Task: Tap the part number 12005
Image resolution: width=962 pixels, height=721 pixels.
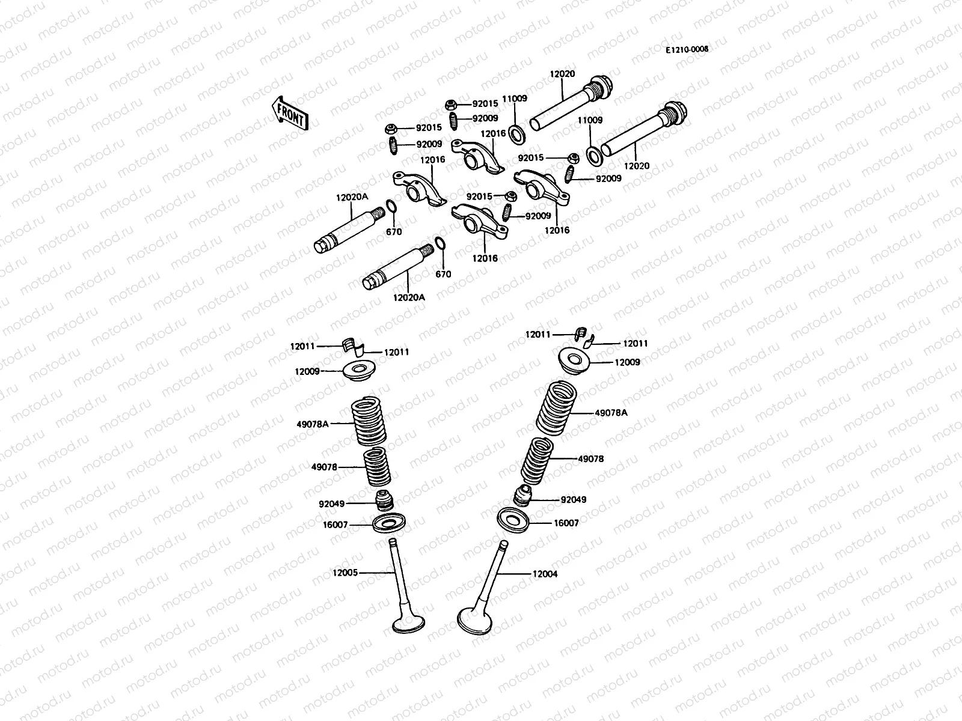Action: (345, 573)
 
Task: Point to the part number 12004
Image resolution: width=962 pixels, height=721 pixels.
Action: (545, 574)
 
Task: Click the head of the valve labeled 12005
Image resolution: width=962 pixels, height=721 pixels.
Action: (407, 623)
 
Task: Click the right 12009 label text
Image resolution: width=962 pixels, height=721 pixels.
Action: (627, 362)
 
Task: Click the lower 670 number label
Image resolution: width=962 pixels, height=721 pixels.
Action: (443, 274)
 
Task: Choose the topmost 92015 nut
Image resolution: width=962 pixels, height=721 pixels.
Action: (451, 105)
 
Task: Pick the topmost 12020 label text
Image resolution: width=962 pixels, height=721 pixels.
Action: (562, 75)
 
